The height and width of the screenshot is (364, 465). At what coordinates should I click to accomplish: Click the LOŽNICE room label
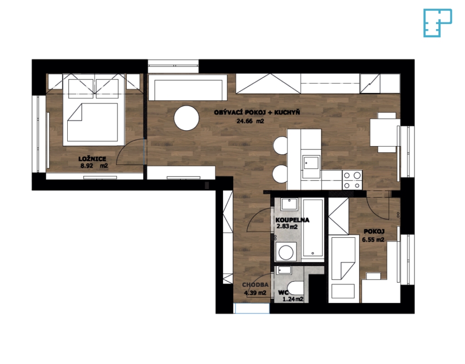pos(92,159)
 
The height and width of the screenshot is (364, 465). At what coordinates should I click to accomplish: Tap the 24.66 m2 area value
pos(250,121)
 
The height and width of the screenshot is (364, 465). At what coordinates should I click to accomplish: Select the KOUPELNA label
pos(292,220)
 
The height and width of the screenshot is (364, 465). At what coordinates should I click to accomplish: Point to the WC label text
pos(283,293)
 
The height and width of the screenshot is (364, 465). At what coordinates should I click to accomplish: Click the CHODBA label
pos(255,285)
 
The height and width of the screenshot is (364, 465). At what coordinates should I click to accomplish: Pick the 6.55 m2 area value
pos(373,240)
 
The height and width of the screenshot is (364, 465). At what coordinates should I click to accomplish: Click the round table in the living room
pos(187,118)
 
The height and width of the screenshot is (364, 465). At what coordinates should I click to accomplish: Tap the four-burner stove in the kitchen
pos(352,180)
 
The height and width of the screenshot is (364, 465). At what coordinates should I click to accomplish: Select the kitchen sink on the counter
pos(311,167)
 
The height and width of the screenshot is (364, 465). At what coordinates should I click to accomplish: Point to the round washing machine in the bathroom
pos(286,252)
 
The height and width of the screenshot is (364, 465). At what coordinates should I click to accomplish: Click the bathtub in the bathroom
pos(312,228)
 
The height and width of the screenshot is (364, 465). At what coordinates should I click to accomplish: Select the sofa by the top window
pos(188,88)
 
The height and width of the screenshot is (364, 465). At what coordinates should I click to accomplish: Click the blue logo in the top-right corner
pos(437,23)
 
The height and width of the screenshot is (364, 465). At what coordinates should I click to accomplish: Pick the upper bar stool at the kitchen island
pos(281,145)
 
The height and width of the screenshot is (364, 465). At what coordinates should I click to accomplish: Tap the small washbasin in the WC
pos(284,271)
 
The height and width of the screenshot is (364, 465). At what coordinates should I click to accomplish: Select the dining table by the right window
pos(385,132)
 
